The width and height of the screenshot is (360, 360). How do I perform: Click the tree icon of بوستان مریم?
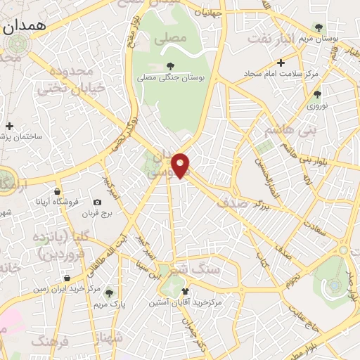point(320,27)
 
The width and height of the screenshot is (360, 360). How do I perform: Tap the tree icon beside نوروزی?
point(318,94)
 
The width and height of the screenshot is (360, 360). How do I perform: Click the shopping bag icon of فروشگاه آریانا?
point(57,191)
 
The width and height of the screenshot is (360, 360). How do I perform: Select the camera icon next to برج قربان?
point(97,202)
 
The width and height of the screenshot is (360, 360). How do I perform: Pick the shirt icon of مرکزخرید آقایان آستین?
point(185,292)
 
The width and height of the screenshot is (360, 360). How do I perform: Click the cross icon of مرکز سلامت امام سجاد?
point(280,63)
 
